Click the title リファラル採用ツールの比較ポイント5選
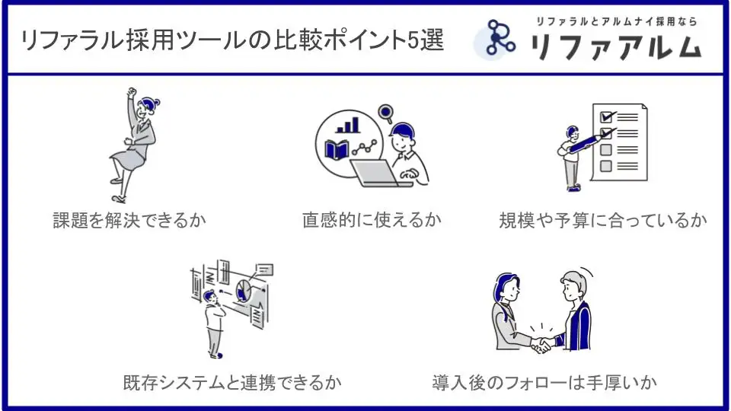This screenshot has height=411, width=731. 232,40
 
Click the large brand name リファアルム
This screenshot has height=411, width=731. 616,46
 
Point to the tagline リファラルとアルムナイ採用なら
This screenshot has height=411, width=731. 616,21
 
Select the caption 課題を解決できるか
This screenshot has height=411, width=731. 129,221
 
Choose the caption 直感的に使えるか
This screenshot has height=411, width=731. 372,220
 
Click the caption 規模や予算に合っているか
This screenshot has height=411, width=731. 603,221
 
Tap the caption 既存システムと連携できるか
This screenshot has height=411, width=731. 232,383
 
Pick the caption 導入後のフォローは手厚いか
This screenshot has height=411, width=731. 544,383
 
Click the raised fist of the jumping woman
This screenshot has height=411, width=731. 132,92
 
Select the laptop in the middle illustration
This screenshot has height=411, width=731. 378,174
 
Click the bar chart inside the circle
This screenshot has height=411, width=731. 348,126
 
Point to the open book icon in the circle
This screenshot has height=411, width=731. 337,150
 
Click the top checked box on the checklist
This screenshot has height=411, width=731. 607,116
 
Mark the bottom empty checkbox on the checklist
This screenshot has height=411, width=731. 605,166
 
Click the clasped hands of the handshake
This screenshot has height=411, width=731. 541,345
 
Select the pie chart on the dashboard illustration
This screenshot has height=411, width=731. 243,291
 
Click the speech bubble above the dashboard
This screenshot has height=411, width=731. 264,269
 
